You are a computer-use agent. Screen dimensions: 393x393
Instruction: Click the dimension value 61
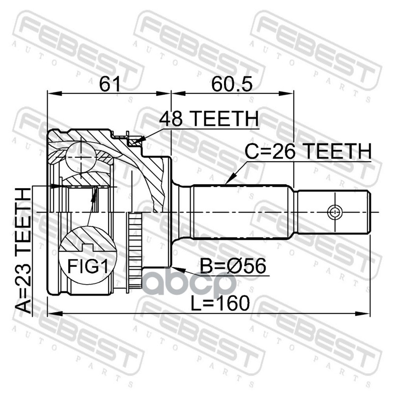(110, 84)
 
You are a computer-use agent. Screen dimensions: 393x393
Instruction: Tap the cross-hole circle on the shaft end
(334, 212)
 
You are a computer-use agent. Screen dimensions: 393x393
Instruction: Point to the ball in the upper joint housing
(81, 157)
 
